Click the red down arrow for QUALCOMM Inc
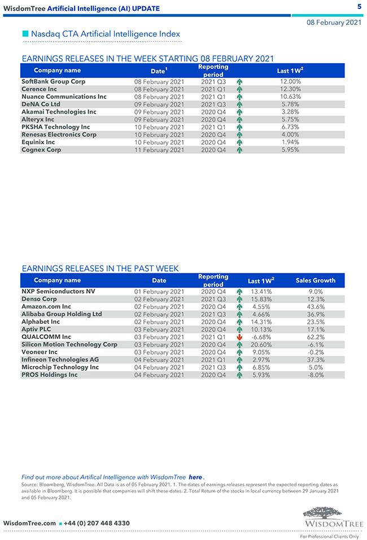coord(239,337)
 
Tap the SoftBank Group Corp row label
coord(53,81)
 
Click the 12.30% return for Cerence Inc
coord(290,89)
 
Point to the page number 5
coord(359,6)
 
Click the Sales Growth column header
coord(315,280)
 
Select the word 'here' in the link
coord(195,477)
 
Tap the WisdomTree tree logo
coord(330,515)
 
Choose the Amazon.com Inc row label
coord(46,307)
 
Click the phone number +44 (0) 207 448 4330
coord(97,523)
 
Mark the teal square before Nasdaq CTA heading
coord(25,34)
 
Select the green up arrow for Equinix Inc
coord(239,142)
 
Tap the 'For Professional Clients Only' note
coord(329,536)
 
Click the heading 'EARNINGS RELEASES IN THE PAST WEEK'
coord(100,268)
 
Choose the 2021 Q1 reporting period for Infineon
coord(213,360)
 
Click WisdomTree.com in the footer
coord(30,523)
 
